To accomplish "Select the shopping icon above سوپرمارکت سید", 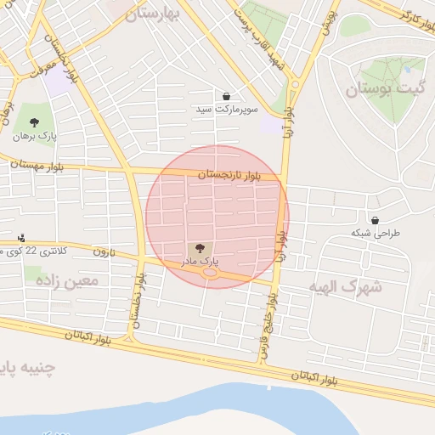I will tap(226, 96).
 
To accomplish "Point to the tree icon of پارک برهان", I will tap(35, 121).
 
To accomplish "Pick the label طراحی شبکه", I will tap(375, 233).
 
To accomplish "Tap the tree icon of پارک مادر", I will tap(200, 248).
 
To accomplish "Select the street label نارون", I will tap(103, 251).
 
